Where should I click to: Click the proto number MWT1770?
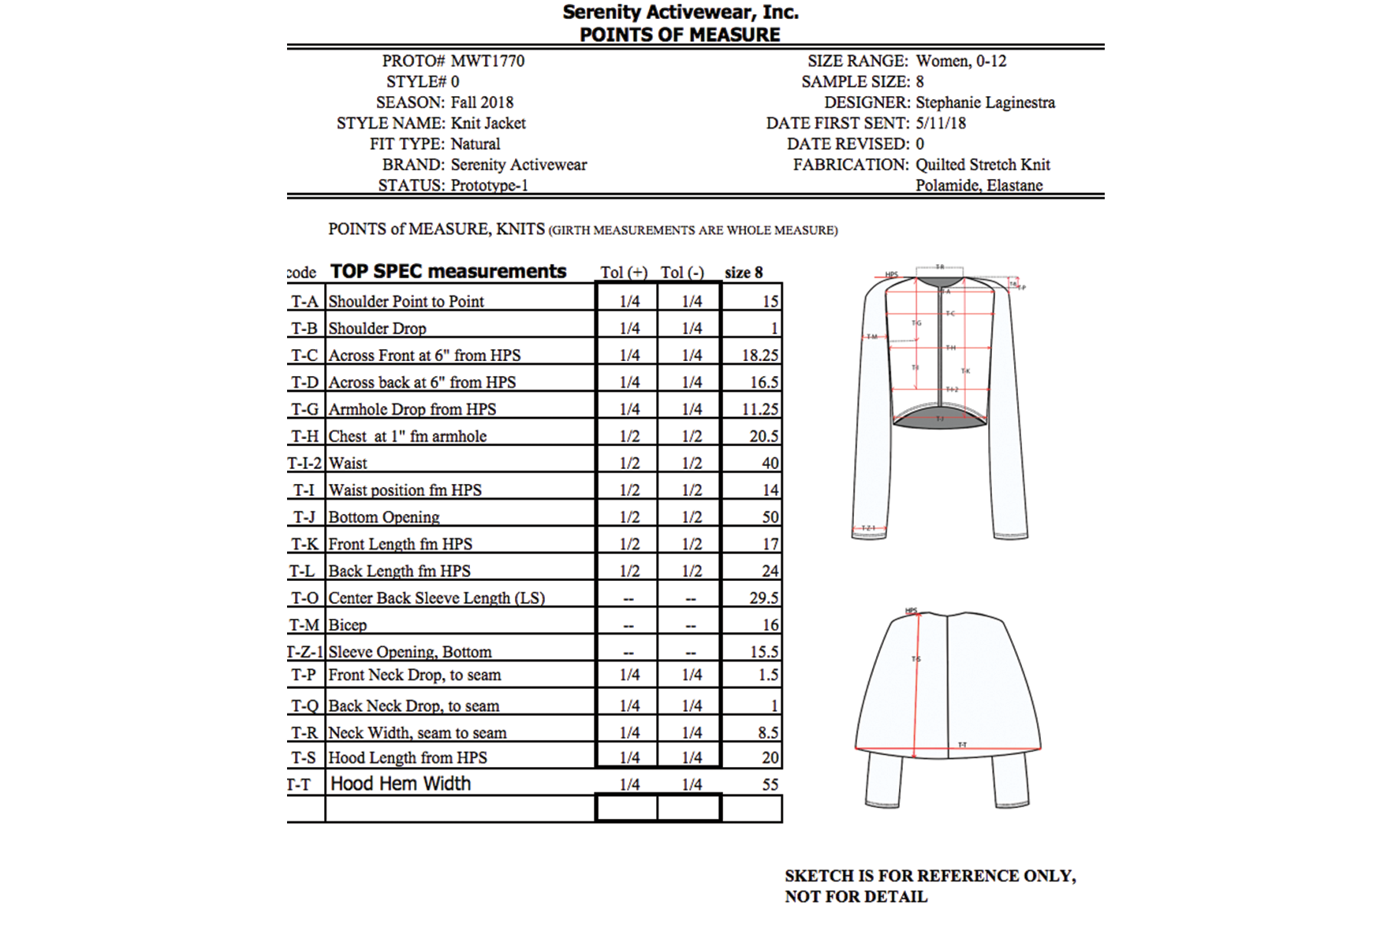tap(487, 61)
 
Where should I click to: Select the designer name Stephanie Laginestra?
tap(985, 102)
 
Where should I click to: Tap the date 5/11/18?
tap(941, 123)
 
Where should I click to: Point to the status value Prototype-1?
tap(490, 185)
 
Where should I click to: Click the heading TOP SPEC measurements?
tap(448, 271)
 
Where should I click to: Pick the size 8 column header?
tap(744, 272)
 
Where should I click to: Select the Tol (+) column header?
tap(624, 272)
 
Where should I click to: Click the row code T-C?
tap(304, 355)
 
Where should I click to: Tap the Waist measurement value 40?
tap(770, 463)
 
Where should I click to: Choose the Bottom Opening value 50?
tap(770, 517)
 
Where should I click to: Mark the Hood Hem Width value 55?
tap(770, 784)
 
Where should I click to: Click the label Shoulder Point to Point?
tap(406, 301)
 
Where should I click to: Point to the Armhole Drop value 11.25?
tap(760, 409)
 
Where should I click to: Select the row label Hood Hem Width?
tap(401, 784)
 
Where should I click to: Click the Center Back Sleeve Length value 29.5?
tap(763, 598)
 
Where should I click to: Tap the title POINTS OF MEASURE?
tap(680, 35)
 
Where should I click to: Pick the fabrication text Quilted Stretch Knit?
tap(983, 165)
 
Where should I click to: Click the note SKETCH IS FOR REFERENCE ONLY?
tap(930, 876)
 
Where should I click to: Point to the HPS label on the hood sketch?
tap(911, 611)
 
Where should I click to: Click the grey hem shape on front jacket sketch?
tap(940, 420)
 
